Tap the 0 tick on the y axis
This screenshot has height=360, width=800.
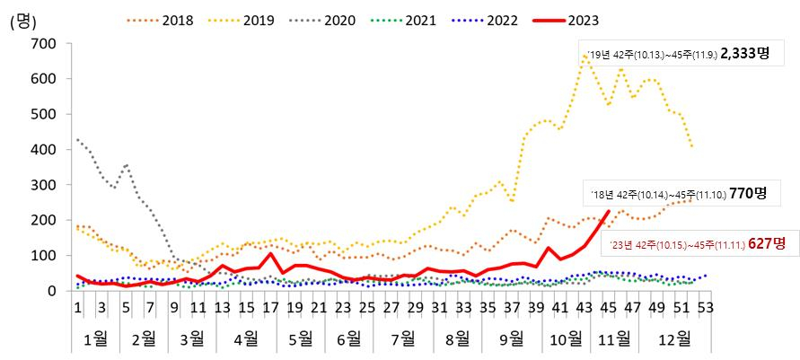click(x=52, y=291)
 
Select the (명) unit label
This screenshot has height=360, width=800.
click(x=24, y=22)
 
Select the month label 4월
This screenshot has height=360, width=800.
click(x=245, y=339)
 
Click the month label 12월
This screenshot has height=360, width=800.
click(x=675, y=339)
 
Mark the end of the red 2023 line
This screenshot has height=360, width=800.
click(x=609, y=212)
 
